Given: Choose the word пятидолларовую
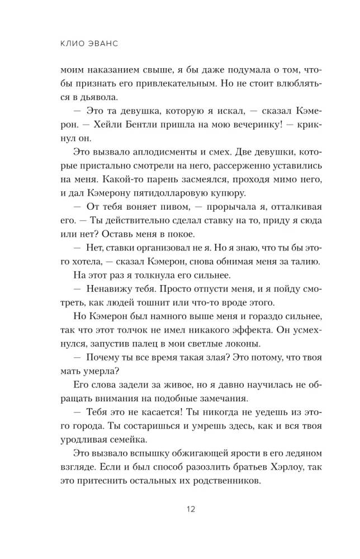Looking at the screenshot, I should [172, 193].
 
